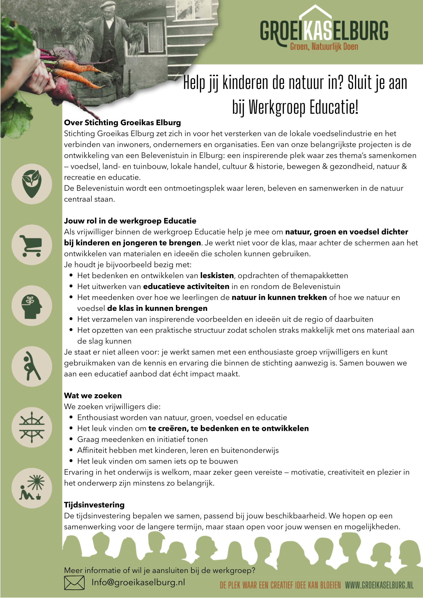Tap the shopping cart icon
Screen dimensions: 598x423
coord(32,245)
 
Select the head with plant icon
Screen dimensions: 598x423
coord(32,306)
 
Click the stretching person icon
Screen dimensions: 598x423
coord(32,366)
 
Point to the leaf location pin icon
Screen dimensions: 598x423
coord(32,184)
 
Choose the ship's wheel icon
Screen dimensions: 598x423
coord(32,427)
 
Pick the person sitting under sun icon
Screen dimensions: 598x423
coord(32,488)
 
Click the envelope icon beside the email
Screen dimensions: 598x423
coord(74,583)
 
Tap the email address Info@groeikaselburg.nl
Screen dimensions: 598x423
coord(138,582)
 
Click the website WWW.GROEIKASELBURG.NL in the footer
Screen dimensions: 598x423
coord(379,585)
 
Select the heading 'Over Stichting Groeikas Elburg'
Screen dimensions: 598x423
coord(122,123)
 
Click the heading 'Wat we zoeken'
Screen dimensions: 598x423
coord(93,396)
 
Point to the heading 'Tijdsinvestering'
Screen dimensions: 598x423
coord(94,505)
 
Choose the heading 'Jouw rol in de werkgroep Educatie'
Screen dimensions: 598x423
coord(130,221)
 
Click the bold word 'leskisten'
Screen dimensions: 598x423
coord(217,275)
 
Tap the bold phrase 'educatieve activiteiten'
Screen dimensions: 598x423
coord(186,286)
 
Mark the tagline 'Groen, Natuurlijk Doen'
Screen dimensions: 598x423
coord(324,47)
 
